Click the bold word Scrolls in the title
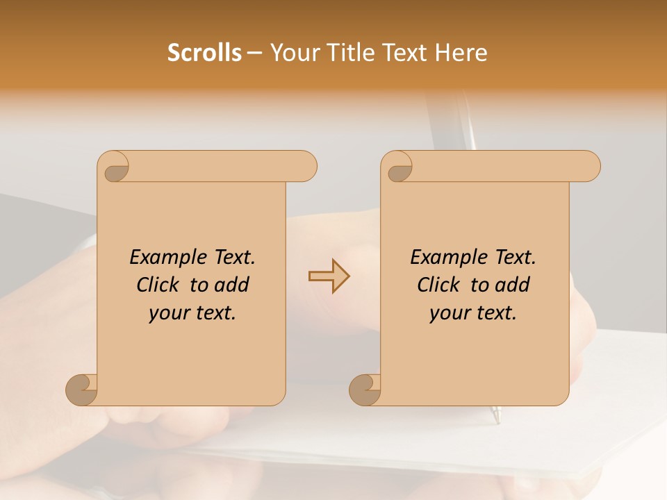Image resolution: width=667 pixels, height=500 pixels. pyautogui.click(x=204, y=53)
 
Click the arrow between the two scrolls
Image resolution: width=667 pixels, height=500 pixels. pyautogui.click(x=329, y=276)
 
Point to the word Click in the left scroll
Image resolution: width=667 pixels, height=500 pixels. pyautogui.click(x=160, y=285)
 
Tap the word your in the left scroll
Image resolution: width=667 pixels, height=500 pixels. pyautogui.click(x=168, y=313)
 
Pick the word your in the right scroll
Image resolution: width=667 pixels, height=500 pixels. pyautogui.click(x=449, y=313)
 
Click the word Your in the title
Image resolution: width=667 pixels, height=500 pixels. pyautogui.click(x=294, y=53)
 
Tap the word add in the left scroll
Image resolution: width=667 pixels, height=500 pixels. pyautogui.click(x=232, y=285)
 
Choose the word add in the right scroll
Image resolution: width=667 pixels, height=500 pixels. pyautogui.click(x=513, y=285)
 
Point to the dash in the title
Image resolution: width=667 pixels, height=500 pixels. pyautogui.click(x=254, y=53)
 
